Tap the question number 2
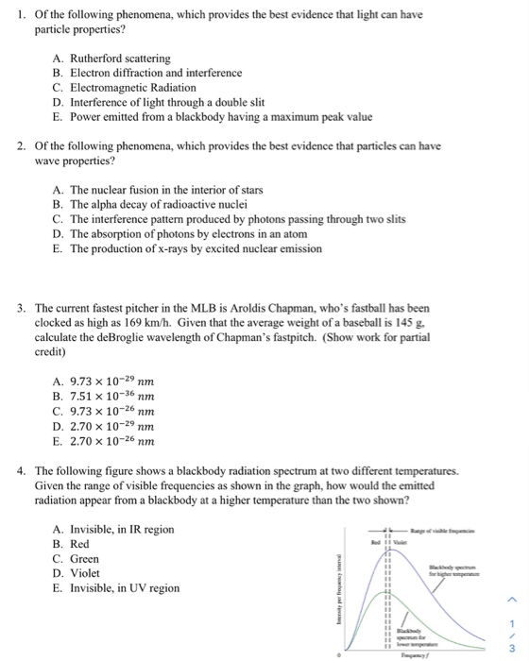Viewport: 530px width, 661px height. click(x=20, y=146)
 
